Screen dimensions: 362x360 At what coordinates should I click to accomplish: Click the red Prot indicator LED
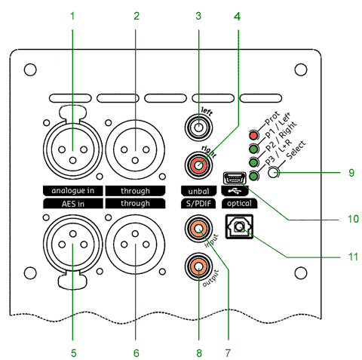point(253,135)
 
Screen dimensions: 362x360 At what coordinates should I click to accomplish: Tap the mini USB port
point(235,178)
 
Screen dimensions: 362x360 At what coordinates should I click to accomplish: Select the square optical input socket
point(239,226)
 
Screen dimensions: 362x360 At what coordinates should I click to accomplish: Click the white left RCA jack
point(198,128)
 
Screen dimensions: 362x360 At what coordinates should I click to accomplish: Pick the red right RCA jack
point(198,165)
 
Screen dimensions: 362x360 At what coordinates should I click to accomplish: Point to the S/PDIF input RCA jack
point(198,229)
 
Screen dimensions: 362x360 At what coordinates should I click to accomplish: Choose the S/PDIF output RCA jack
point(198,267)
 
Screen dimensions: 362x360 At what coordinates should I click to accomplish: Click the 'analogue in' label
point(73,191)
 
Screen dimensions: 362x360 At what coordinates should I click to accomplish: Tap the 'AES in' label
point(73,204)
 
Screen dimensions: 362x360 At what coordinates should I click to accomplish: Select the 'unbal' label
point(198,191)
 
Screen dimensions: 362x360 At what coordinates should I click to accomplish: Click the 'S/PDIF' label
point(198,204)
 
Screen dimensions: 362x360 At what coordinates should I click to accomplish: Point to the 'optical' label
point(239,204)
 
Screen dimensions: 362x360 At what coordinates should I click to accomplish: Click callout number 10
point(353,219)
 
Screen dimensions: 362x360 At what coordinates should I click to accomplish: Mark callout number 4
point(237,17)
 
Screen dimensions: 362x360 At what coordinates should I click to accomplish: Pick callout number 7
point(228,353)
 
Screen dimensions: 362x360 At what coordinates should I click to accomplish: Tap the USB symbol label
point(235,191)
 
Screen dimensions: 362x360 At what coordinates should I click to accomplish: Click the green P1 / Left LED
point(253,149)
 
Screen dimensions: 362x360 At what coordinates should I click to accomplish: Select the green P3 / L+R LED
point(254,176)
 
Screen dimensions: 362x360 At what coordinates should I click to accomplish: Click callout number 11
point(353,257)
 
